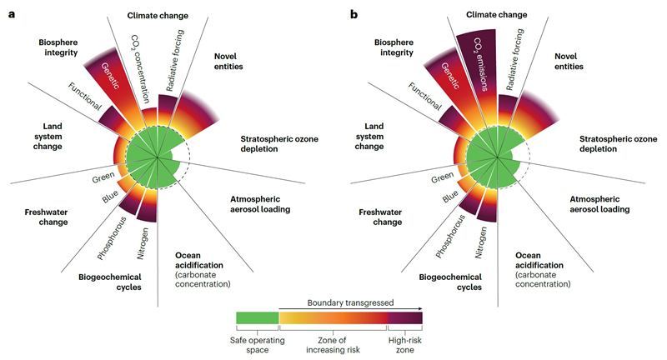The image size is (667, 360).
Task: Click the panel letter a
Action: click(x=11, y=15)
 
